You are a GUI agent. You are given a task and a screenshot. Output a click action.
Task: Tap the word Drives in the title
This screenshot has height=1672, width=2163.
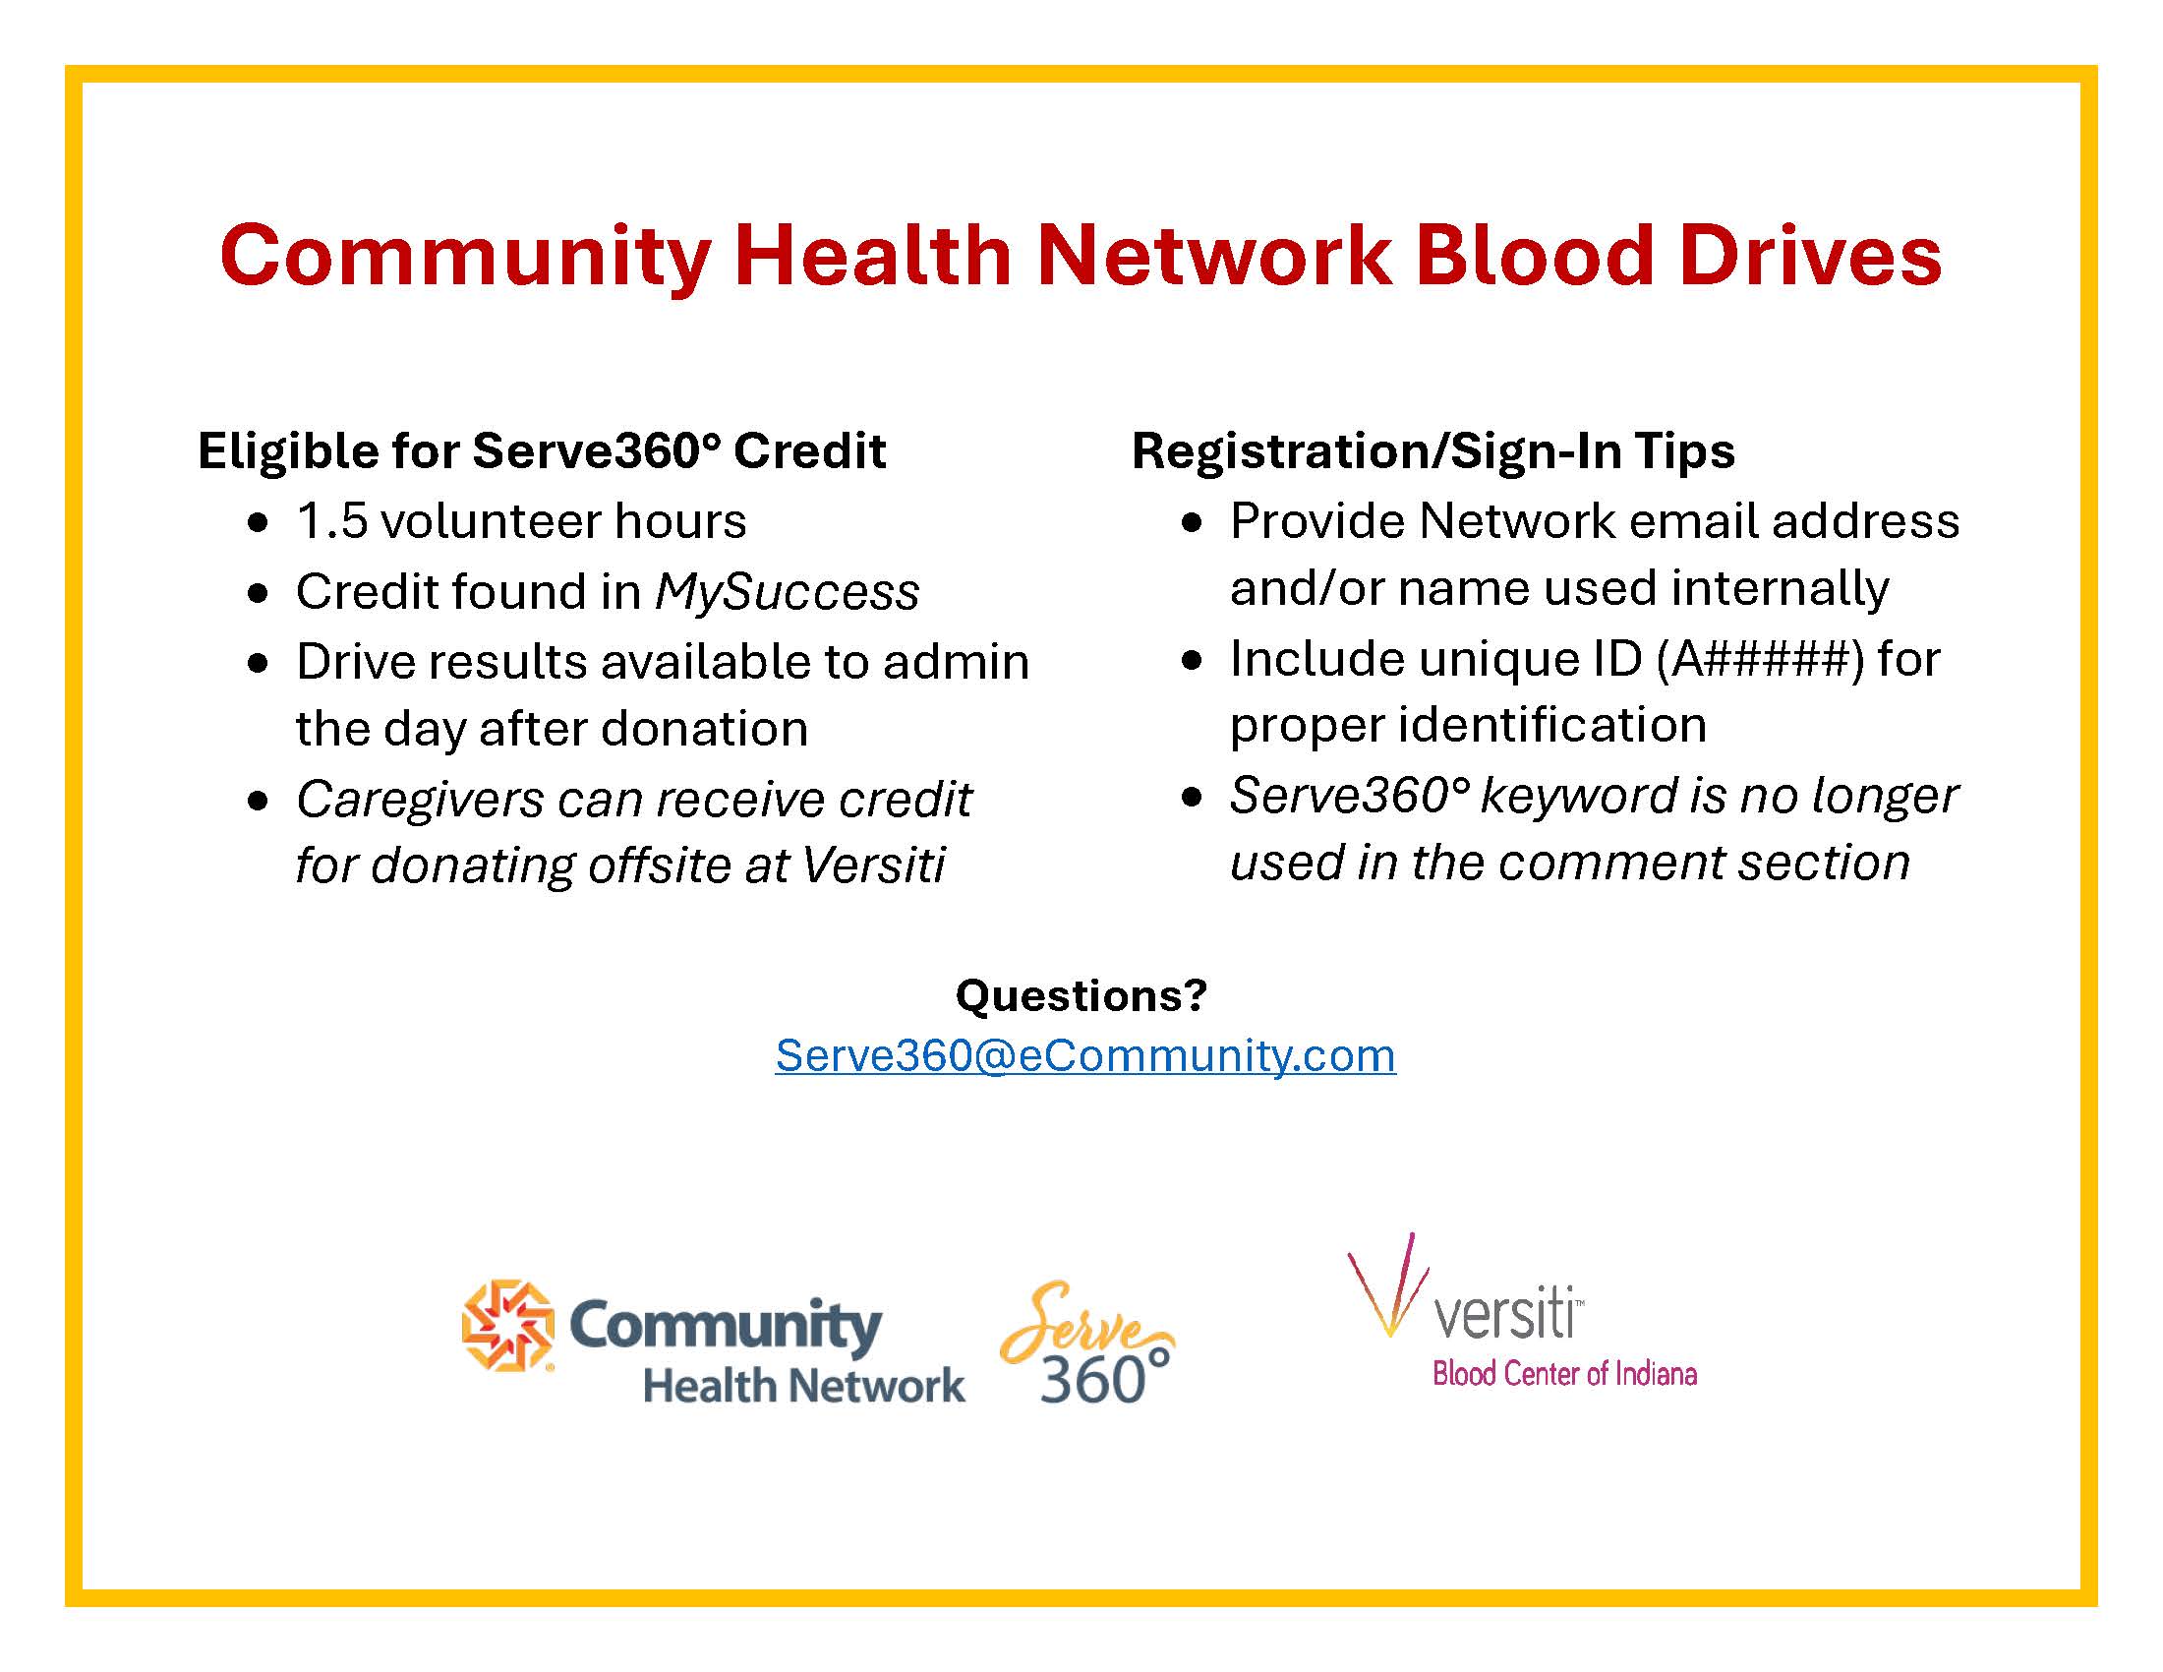(x=1811, y=255)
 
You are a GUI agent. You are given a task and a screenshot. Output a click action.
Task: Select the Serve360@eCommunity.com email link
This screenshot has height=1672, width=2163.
(x=1085, y=1056)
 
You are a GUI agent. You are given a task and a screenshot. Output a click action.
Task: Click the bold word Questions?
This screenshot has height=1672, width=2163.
(x=1081, y=994)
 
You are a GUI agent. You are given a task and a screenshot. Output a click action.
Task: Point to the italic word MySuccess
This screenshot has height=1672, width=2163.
(x=788, y=593)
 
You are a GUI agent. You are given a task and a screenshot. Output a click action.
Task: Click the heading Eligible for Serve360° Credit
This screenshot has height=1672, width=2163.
(x=542, y=451)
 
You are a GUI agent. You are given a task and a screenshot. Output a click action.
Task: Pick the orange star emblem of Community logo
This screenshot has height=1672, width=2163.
(x=507, y=1327)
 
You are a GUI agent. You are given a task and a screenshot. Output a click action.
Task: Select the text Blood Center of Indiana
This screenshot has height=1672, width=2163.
(x=1565, y=1374)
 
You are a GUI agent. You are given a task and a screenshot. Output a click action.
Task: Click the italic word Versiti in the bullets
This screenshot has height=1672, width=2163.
(x=873, y=866)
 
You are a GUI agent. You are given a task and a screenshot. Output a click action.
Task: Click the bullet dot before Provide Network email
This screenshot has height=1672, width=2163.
(x=1193, y=523)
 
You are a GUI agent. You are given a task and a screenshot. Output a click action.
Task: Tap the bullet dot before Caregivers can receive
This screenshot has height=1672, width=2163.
(x=259, y=801)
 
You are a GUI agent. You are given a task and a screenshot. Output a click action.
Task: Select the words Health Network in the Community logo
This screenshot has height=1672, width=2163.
(x=803, y=1385)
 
